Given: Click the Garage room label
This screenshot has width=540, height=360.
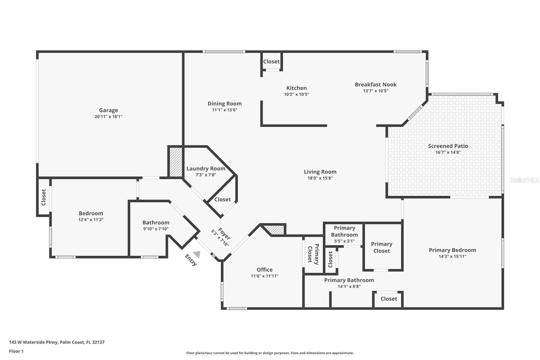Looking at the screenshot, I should (108, 110).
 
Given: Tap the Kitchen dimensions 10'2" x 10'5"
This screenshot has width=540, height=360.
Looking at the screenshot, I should (296, 95).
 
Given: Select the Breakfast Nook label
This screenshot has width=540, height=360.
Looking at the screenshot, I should (375, 84).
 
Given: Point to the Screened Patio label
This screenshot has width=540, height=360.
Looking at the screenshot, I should (448, 146).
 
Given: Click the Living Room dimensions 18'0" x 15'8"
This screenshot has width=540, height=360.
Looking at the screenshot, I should (320, 178).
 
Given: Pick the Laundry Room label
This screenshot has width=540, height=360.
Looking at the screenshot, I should (206, 169).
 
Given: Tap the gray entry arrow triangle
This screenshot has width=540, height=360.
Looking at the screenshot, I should (197, 254).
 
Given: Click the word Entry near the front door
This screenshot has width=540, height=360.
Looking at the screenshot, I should (191, 260).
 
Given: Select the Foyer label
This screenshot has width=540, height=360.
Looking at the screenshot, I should (224, 234).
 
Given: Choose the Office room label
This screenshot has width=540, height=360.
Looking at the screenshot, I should (265, 269).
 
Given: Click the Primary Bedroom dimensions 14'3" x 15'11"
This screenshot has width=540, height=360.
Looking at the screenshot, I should (452, 256).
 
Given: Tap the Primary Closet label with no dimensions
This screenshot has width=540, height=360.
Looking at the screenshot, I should (381, 247).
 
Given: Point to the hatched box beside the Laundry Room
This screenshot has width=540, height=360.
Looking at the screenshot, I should (175, 162).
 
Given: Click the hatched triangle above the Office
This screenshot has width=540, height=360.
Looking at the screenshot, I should (275, 230).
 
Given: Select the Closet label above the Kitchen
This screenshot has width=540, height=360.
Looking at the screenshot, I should (271, 61).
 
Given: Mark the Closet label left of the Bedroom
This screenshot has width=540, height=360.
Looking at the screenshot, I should (44, 197).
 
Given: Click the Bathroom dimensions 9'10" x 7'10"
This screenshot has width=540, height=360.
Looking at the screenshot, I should (156, 229).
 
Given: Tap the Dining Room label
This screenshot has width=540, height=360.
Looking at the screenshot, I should (224, 104).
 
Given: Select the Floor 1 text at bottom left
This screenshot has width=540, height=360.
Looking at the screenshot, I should (16, 351).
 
